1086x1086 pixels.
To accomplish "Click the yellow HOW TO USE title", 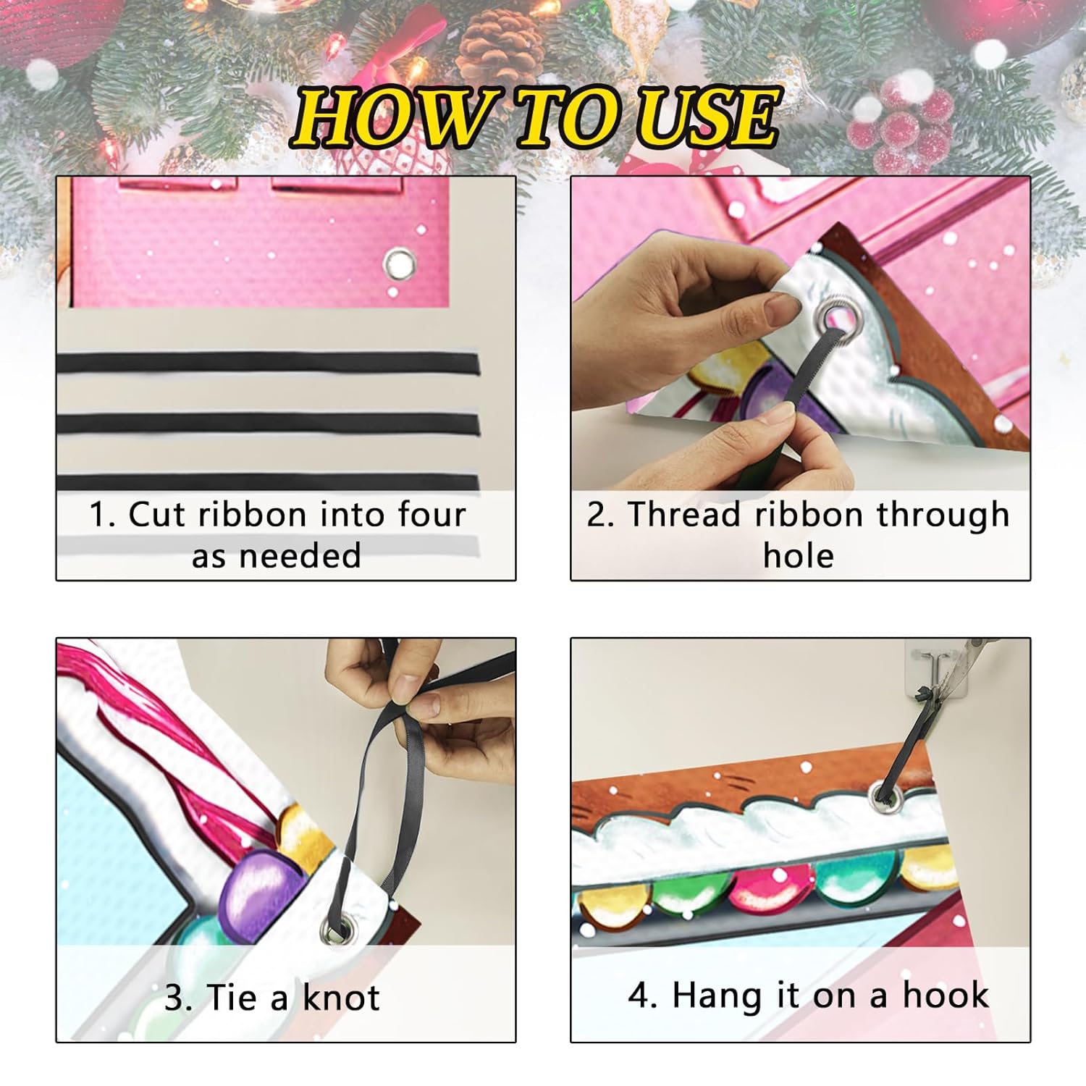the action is [x=536, y=116].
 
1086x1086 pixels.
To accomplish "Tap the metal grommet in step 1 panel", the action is [x=399, y=264].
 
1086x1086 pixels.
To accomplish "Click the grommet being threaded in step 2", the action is [x=835, y=318].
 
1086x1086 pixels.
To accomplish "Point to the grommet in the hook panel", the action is [x=883, y=796].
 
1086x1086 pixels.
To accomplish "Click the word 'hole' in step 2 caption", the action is [x=799, y=556].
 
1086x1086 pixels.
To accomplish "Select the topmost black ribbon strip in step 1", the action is [x=268, y=363].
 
